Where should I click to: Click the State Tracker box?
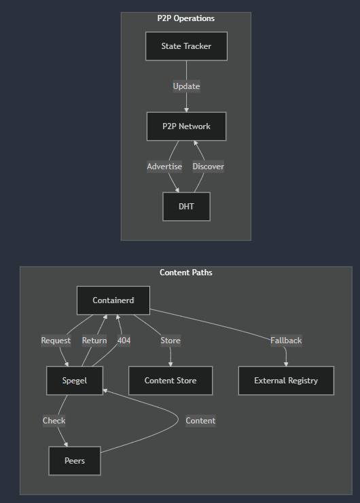[x=186, y=46]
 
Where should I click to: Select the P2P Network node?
[x=186, y=126]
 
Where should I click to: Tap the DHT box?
[x=186, y=207]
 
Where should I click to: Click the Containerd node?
[x=113, y=300]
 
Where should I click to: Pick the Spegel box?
[x=75, y=381]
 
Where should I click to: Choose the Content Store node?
[x=170, y=381]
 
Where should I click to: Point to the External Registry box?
[x=286, y=381]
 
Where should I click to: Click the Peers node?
[x=75, y=461]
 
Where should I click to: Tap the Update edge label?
[x=186, y=86]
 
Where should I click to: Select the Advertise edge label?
[x=164, y=167]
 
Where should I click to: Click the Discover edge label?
[x=209, y=167]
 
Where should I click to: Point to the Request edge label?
[x=56, y=341]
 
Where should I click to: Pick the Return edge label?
[x=94, y=341]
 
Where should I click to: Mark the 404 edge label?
[x=124, y=341]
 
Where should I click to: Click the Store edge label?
[x=170, y=341]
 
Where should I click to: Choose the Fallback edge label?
[x=286, y=341]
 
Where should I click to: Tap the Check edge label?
[x=54, y=421]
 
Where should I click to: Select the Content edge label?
[x=200, y=421]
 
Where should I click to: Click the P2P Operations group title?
[x=186, y=18]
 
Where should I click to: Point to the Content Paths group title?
[x=186, y=273]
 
